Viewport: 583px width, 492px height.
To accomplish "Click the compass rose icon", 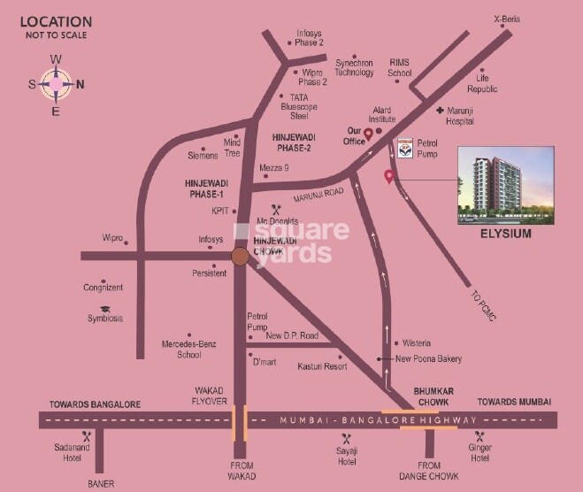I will pyautogui.click(x=56, y=85).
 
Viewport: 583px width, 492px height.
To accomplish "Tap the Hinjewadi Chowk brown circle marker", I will pyautogui.click(x=239, y=257).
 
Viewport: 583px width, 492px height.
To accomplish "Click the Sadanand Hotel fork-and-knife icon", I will pyautogui.click(x=87, y=436).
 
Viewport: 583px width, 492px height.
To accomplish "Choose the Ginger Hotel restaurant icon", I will pyautogui.click(x=479, y=436).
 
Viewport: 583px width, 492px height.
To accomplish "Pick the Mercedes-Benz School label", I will pyautogui.click(x=188, y=349).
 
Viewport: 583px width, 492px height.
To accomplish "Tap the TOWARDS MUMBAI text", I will pyautogui.click(x=514, y=402).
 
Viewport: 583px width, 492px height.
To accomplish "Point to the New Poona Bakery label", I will pyautogui.click(x=429, y=358).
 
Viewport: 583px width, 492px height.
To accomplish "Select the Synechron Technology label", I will pyautogui.click(x=355, y=68).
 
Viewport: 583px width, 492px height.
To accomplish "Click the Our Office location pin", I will pyautogui.click(x=369, y=135).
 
